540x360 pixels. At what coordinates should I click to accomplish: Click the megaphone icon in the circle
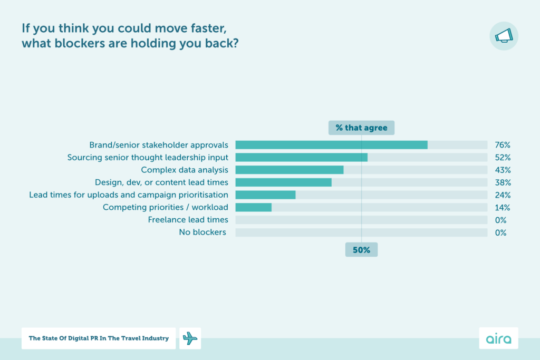click(504, 36)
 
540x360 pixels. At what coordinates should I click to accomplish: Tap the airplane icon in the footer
click(190, 338)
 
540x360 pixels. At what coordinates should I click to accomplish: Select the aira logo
click(498, 338)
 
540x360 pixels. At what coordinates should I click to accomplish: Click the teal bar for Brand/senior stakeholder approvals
click(331, 144)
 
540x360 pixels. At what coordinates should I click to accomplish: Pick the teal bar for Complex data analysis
click(290, 170)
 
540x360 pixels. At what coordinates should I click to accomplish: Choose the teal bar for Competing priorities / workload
click(254, 207)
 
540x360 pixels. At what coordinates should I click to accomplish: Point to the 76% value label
click(503, 144)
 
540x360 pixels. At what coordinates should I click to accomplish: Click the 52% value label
click(503, 157)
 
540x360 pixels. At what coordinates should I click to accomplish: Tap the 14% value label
click(503, 207)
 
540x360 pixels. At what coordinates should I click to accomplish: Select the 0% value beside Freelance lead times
click(501, 220)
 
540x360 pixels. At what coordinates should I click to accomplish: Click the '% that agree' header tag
click(361, 128)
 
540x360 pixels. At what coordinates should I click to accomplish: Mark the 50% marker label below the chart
click(361, 250)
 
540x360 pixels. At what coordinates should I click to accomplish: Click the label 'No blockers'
click(202, 232)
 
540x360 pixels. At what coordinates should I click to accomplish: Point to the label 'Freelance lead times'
click(188, 220)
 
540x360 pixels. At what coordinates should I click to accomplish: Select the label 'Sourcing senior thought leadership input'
click(148, 157)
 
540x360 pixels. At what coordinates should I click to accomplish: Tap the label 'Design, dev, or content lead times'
click(161, 182)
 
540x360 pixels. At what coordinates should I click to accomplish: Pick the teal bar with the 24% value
click(265, 194)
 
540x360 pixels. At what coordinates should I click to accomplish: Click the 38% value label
click(503, 182)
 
